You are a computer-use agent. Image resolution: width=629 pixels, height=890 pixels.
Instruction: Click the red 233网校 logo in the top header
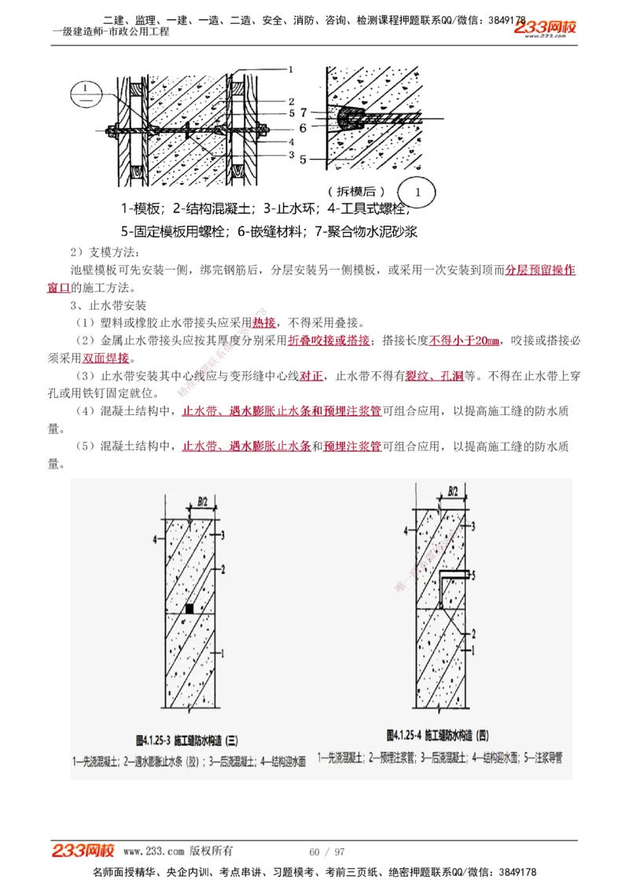coord(546,28)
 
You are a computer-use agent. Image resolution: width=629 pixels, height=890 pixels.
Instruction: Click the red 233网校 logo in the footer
coord(83,851)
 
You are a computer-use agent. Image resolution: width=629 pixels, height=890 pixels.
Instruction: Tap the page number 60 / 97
coord(327,851)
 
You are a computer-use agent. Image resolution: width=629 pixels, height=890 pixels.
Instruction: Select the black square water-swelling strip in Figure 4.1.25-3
coord(189,608)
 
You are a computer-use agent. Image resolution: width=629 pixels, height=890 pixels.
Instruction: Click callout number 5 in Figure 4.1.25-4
coord(476,576)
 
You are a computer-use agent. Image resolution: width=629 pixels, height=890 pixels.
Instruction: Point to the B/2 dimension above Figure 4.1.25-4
coord(453,491)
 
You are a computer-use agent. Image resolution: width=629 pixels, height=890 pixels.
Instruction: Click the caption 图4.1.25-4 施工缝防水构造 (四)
coord(438,735)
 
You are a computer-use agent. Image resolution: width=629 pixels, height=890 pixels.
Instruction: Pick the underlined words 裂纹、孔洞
coord(434,376)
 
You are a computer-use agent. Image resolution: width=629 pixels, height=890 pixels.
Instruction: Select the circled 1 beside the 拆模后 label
coord(419,191)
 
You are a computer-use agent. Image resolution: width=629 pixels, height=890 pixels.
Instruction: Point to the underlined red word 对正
coord(312,376)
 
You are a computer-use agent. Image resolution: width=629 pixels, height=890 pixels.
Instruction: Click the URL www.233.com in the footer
coord(154,851)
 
